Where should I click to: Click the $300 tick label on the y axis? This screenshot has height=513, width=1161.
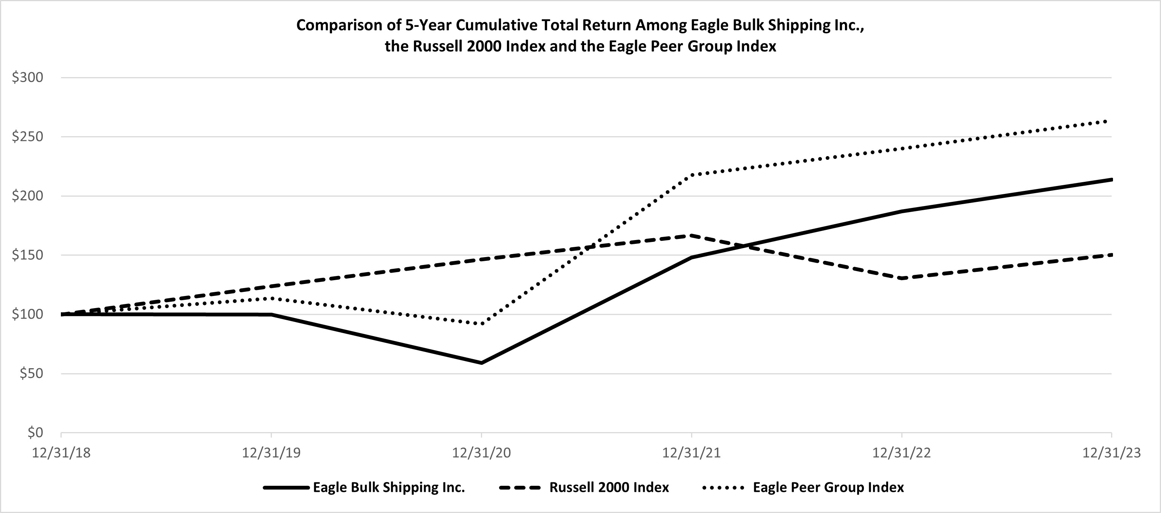[28, 77]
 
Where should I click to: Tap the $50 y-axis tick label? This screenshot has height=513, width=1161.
[31, 374]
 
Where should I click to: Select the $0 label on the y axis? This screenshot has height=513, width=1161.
[35, 433]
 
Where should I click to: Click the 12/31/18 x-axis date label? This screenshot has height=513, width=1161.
[61, 453]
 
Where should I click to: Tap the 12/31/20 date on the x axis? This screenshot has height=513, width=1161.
[481, 453]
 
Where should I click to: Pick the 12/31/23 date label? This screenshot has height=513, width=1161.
[1111, 453]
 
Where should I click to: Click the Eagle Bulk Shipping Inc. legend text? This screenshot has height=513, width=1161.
[389, 487]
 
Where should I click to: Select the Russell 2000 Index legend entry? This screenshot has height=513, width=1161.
[609, 487]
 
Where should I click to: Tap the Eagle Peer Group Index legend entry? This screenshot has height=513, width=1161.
[828, 487]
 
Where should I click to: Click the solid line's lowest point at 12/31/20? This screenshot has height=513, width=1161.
[481, 363]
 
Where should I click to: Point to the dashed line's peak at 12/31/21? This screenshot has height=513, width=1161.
[691, 235]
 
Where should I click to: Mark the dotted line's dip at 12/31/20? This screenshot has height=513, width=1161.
[481, 324]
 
